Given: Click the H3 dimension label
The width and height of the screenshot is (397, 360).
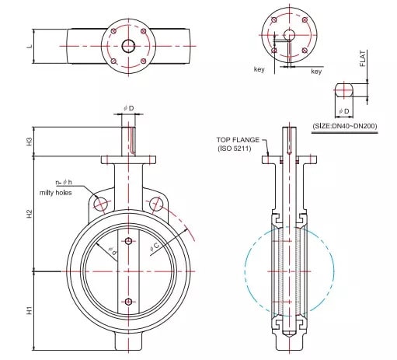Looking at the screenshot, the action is [x=30, y=142].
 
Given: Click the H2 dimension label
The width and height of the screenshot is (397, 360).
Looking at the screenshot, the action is [x=30, y=214].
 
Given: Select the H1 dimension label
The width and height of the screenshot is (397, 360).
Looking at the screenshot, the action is [x=30, y=310].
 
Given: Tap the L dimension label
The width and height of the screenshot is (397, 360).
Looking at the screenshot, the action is [x=30, y=47].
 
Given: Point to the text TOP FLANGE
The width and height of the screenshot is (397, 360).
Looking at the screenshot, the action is [x=238, y=140].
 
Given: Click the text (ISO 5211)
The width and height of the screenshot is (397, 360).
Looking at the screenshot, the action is [x=235, y=149].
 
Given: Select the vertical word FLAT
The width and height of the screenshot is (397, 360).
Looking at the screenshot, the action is [x=363, y=58].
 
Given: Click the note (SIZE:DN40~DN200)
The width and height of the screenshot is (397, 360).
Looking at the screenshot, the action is [x=345, y=126].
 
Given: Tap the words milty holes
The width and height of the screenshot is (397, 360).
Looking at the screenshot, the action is [x=55, y=193].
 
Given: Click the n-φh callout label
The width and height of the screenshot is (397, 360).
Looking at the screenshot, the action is [x=64, y=182].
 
